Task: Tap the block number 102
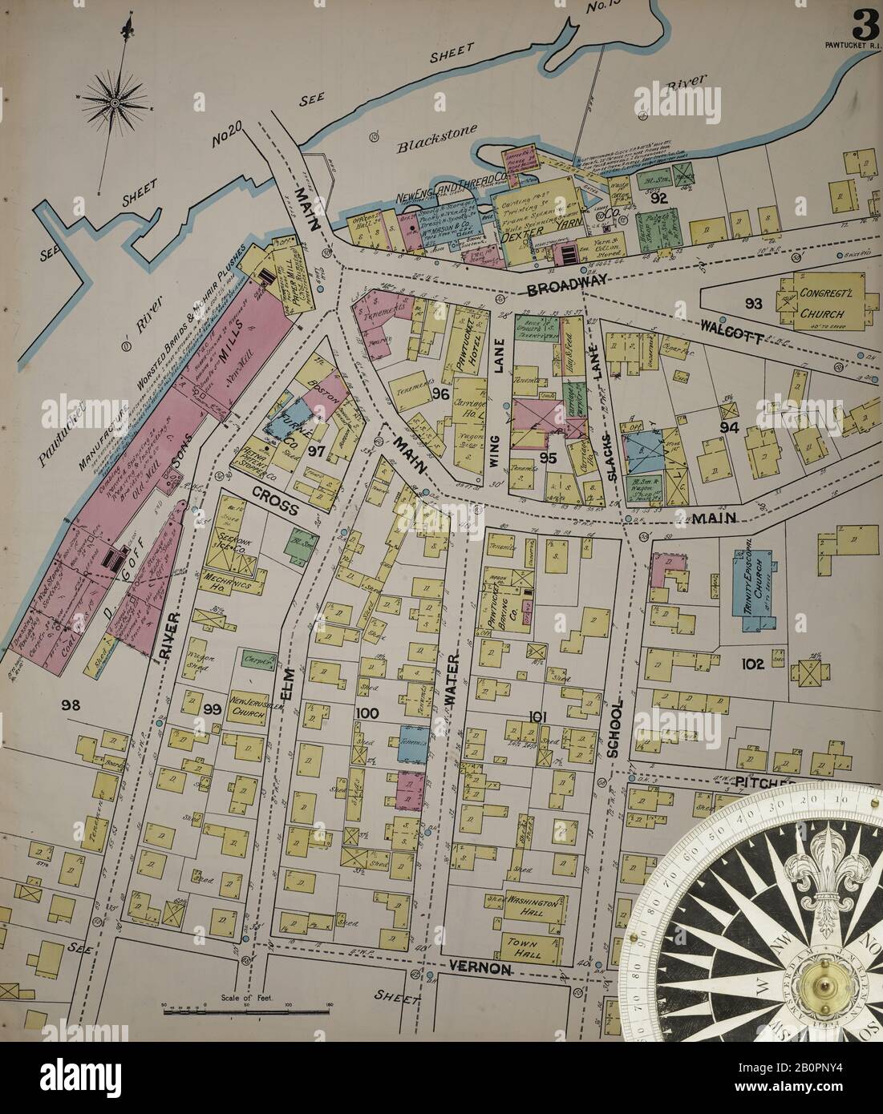751,664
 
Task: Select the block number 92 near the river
660,199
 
